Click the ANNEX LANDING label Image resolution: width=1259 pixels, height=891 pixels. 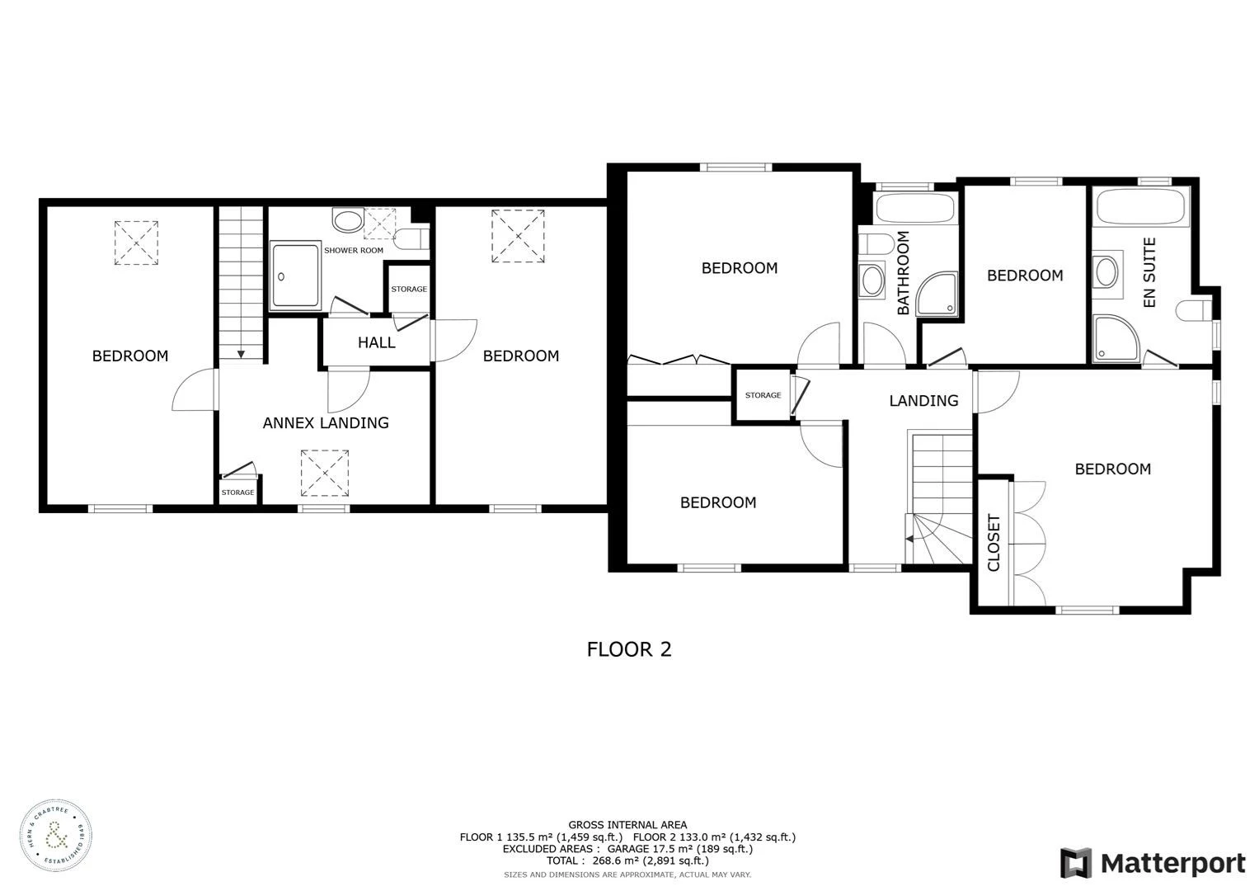tap(326, 422)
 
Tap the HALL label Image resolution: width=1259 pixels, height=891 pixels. tap(376, 342)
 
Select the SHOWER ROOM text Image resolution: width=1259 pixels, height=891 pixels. tap(354, 250)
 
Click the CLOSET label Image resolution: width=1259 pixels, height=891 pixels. tap(994, 542)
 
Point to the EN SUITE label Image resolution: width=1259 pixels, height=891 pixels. tap(1149, 272)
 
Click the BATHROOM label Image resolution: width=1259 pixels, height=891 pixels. tap(903, 273)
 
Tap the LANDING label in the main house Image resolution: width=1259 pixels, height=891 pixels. tap(923, 401)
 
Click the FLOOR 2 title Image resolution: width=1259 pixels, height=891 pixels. tap(629, 649)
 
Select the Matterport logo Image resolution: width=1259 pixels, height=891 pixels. tap(1153, 863)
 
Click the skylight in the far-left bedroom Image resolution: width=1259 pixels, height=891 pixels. tap(136, 243)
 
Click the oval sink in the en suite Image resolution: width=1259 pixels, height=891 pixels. tap(1106, 271)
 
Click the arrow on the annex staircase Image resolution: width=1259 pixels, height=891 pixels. tap(241, 353)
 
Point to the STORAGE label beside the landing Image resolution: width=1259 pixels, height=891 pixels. tap(763, 395)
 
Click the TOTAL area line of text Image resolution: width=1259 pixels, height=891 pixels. tap(627, 860)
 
